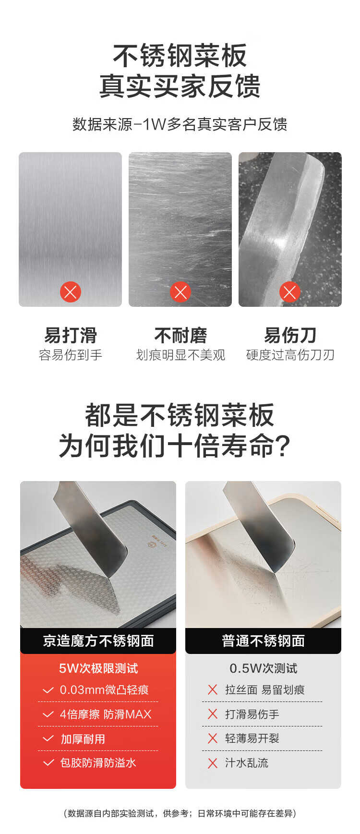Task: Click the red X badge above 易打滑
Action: [x=71, y=292]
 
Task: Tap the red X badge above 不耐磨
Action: [x=180, y=292]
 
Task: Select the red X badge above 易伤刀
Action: [x=290, y=292]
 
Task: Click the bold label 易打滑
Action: [x=71, y=335]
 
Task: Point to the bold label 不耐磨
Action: [x=180, y=335]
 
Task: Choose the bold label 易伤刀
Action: [x=290, y=335]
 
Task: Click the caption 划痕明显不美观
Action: [x=180, y=355]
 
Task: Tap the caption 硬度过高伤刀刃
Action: [x=290, y=355]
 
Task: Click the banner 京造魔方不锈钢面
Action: [x=98, y=641]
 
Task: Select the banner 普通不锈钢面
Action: [x=263, y=641]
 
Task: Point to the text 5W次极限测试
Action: [x=98, y=668]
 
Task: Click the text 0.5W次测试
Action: [x=263, y=668]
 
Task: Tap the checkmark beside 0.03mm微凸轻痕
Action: [x=48, y=690]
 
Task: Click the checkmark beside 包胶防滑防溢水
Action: [x=48, y=762]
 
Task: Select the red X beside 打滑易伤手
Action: [x=213, y=714]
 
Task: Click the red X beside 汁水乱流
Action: [x=213, y=763]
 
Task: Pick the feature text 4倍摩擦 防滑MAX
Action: [x=106, y=714]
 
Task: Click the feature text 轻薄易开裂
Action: [x=252, y=738]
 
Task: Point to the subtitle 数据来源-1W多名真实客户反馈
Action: [x=180, y=124]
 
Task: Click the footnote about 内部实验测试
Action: [x=180, y=813]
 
